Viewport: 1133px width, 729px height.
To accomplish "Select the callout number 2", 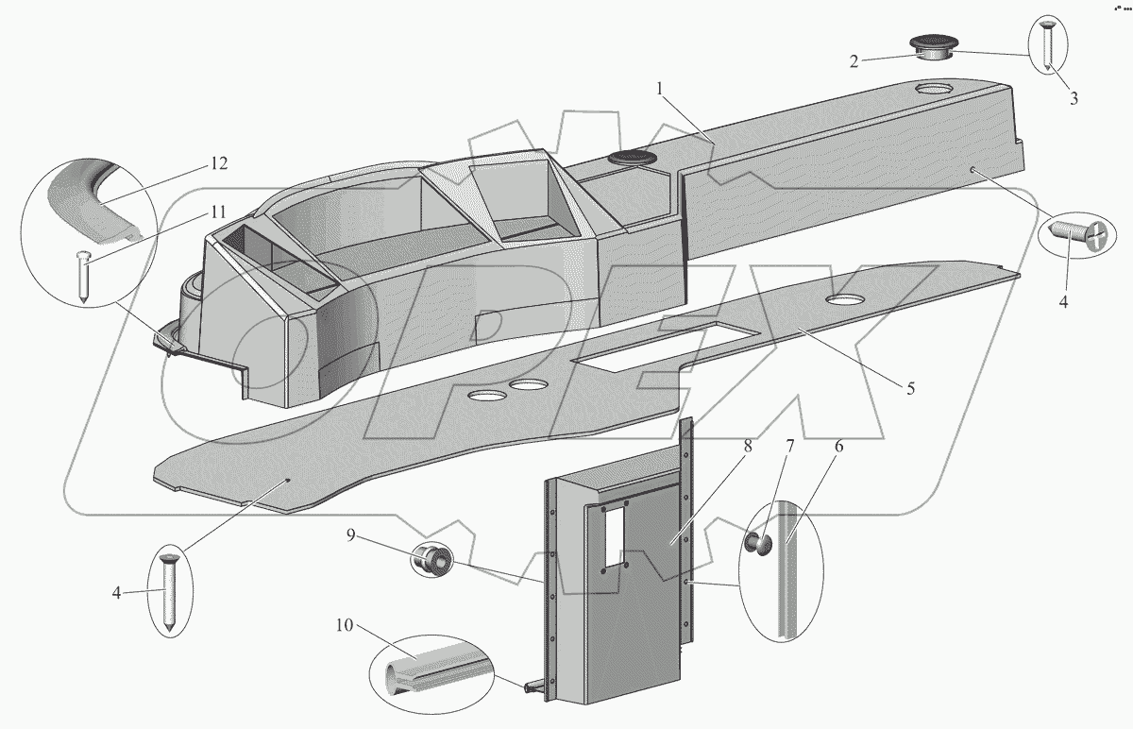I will tap(854, 61).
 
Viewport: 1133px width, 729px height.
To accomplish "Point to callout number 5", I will tap(910, 388).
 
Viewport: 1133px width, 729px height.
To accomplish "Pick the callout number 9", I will tap(350, 534).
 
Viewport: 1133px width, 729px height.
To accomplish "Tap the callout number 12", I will tap(218, 163).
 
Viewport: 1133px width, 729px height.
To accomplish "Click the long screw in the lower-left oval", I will tap(168, 593).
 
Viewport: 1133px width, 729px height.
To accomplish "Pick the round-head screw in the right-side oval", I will tap(1078, 233).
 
